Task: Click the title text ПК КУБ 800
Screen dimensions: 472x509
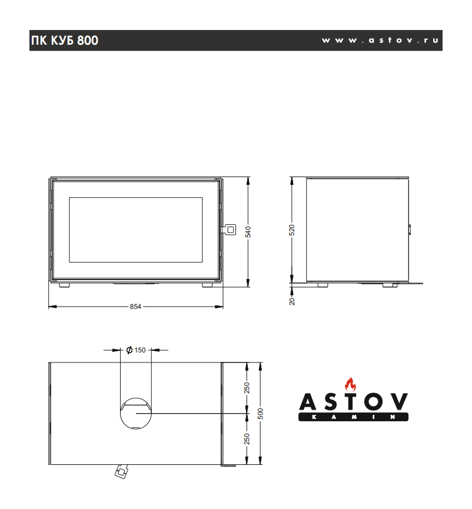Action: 65,41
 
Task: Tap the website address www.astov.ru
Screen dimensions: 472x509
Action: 380,40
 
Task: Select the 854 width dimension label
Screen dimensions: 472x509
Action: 135,307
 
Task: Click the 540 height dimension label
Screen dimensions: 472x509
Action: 248,232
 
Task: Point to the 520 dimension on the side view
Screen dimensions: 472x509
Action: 292,230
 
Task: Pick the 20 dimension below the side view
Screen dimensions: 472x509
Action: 292,301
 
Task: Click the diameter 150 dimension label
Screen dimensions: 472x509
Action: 136,350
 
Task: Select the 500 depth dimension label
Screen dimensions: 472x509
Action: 260,414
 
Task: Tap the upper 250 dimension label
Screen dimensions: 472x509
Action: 247,388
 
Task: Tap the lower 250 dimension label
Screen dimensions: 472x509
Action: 247,439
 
